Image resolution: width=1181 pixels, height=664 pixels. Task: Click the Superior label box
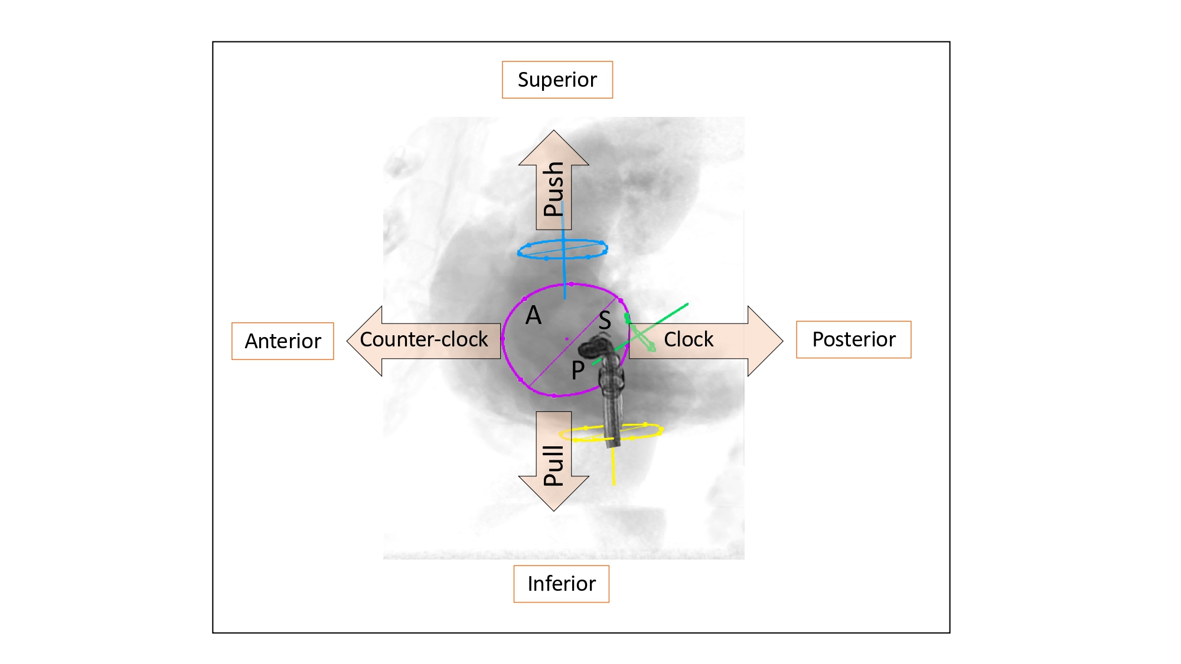coord(557,80)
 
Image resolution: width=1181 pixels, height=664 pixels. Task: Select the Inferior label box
coord(561,584)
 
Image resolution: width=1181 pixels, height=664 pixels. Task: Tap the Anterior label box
coord(282,341)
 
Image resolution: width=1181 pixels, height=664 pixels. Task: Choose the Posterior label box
coord(853,339)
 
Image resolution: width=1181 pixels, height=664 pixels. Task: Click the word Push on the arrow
coord(553,189)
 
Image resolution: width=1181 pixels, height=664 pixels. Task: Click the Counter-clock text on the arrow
coord(423,339)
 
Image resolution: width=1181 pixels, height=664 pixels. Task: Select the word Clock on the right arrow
coord(689,339)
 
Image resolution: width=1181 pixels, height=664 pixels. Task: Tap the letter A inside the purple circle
coord(533,315)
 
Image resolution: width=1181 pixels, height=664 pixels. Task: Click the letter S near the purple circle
coord(604,321)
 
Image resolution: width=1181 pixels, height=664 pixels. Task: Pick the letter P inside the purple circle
coord(578,371)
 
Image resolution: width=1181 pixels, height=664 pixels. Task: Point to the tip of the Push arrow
coord(553,132)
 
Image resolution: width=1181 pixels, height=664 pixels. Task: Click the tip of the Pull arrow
coord(553,509)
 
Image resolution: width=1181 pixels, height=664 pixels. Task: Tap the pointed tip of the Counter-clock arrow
coord(348,341)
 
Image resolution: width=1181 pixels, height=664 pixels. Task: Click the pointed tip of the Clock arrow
coord(782,341)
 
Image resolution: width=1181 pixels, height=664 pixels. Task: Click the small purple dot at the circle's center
coord(567,339)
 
